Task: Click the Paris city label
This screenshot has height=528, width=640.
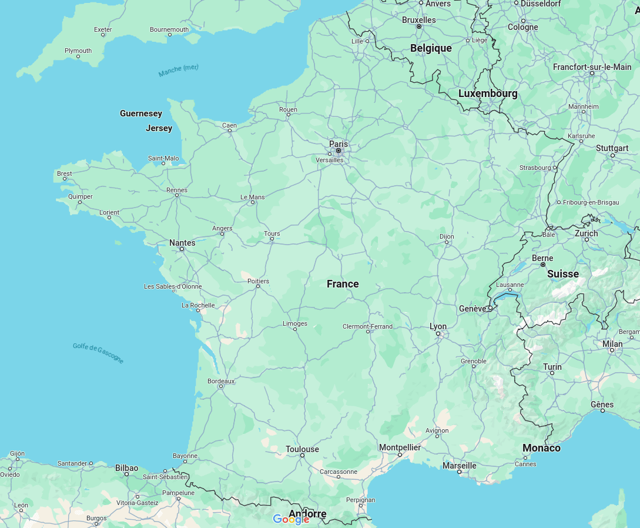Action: click(338, 143)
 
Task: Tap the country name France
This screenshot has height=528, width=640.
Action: click(343, 284)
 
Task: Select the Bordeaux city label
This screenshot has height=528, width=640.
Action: click(221, 381)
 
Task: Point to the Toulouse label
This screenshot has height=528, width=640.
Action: click(302, 449)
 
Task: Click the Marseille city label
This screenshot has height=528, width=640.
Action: click(459, 466)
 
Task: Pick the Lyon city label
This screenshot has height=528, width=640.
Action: click(438, 326)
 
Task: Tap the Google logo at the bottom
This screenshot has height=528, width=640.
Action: click(291, 519)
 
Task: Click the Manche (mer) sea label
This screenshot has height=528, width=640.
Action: click(178, 71)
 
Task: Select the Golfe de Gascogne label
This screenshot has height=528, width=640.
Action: click(98, 353)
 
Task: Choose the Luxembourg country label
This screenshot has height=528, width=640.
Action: click(488, 93)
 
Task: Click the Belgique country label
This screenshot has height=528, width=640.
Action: click(431, 48)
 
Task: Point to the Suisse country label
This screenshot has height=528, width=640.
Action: click(562, 274)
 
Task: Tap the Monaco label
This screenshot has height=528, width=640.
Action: click(541, 448)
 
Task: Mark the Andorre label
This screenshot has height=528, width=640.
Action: click(307, 514)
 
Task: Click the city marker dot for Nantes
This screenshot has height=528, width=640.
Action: click(182, 249)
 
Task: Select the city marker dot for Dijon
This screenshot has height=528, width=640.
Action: click(447, 242)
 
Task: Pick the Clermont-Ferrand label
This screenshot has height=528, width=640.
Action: click(367, 326)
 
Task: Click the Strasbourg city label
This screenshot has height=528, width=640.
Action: click(535, 168)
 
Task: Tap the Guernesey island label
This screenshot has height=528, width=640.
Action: click(141, 113)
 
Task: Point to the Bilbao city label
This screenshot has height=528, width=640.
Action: click(126, 468)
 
